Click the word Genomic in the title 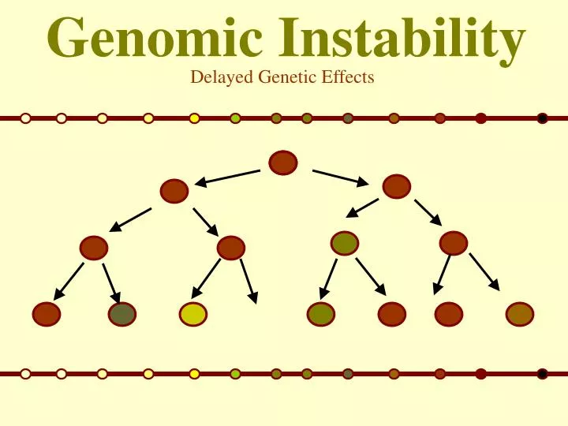tap(141, 38)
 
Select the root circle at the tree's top tap(283, 163)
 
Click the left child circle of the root tap(174, 191)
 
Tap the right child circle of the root tap(396, 187)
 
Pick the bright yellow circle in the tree tap(192, 314)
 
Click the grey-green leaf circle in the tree tap(122, 314)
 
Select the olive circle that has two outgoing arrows tap(345, 243)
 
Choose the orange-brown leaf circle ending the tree tap(520, 314)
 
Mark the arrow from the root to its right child tap(340, 177)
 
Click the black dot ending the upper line tap(542, 118)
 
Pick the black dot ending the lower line tap(542, 374)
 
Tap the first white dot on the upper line tap(25, 118)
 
